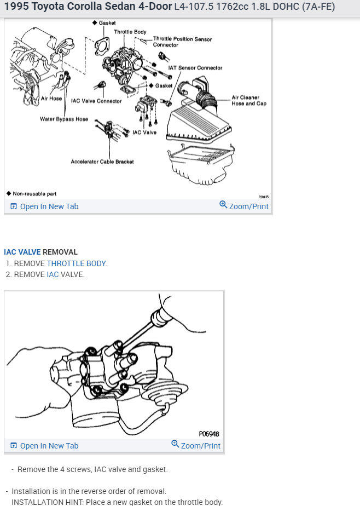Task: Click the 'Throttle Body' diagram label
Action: click(x=130, y=32)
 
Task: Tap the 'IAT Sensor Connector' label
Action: click(x=195, y=68)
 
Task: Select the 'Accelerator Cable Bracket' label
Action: click(x=102, y=162)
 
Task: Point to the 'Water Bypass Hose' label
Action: click(x=64, y=119)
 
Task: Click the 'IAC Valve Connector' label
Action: click(x=96, y=101)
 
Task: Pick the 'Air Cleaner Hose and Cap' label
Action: click(x=249, y=100)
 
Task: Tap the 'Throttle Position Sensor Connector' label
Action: click(x=182, y=42)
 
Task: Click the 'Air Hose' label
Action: click(x=51, y=99)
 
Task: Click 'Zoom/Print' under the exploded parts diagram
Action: click(x=244, y=206)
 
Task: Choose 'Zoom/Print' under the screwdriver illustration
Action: click(x=196, y=445)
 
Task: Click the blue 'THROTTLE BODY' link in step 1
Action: click(x=76, y=263)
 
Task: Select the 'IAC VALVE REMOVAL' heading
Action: click(x=41, y=252)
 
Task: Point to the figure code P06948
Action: click(x=209, y=434)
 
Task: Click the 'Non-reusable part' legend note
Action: click(x=32, y=194)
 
